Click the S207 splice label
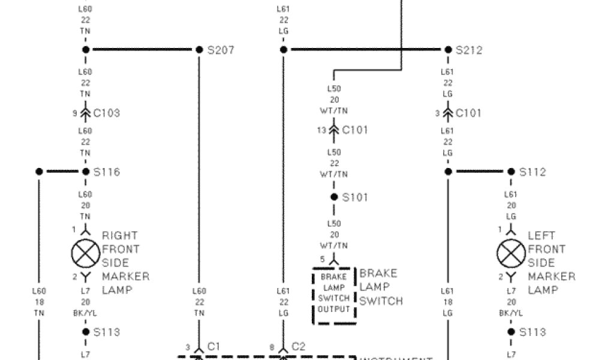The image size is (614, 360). click(221, 50)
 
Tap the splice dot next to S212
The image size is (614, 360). click(448, 50)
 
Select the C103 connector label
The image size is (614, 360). click(106, 113)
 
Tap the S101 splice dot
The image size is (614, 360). click(334, 197)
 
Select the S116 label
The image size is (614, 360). click(107, 172)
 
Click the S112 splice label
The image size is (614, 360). click(532, 172)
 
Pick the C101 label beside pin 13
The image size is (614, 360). click(354, 130)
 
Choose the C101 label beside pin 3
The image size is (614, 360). click(468, 113)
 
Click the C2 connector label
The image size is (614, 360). click(298, 347)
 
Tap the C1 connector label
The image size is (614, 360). click(213, 347)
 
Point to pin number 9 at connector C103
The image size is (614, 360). click(75, 113)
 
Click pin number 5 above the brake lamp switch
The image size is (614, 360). click(322, 259)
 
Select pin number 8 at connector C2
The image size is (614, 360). click(272, 347)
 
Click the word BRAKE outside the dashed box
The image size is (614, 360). click(378, 274)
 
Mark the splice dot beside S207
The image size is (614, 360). click(199, 50)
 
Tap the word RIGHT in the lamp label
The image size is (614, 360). click(119, 236)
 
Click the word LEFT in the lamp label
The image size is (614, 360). click(541, 236)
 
